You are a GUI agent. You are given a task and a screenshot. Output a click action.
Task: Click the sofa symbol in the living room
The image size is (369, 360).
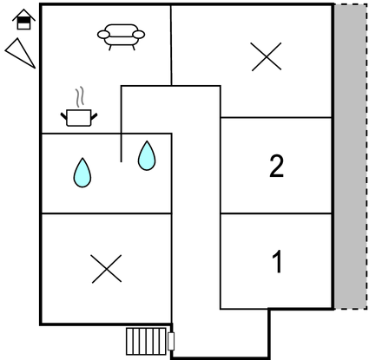[x=121, y=36]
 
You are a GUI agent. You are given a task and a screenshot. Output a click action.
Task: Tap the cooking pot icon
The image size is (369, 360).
[x=79, y=118]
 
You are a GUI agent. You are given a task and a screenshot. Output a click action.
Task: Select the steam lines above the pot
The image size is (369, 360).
[x=80, y=96]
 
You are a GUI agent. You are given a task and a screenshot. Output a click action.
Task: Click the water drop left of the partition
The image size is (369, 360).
[x=82, y=173]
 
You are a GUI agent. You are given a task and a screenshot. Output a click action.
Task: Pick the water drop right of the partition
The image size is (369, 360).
[x=147, y=155]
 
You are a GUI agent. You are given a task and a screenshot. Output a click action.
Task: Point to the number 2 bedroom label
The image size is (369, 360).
[x=276, y=166]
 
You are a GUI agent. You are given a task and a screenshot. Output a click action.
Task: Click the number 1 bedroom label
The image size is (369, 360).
[x=277, y=262]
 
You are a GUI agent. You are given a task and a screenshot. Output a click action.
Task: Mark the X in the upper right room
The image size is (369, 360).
[x=267, y=56]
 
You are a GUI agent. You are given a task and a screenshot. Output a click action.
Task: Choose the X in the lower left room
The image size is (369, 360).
[x=107, y=269]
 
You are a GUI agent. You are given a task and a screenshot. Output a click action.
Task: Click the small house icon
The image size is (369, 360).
[x=23, y=20]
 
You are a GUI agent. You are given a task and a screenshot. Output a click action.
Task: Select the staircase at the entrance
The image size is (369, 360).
[x=146, y=341]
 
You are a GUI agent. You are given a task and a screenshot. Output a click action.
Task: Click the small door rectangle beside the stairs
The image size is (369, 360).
[x=171, y=341]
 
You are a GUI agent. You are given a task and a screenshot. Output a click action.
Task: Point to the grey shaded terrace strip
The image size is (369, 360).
[x=351, y=156]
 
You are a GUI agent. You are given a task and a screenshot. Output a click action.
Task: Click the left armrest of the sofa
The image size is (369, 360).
[x=103, y=35]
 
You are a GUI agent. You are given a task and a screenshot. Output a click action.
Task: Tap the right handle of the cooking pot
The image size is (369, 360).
[x=95, y=116]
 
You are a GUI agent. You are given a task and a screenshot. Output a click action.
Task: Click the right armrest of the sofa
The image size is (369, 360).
[x=139, y=35]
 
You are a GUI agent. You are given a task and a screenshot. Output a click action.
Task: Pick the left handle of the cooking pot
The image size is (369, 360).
[x=63, y=116]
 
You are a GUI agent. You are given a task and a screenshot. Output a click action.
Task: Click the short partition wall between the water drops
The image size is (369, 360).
[x=121, y=147]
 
